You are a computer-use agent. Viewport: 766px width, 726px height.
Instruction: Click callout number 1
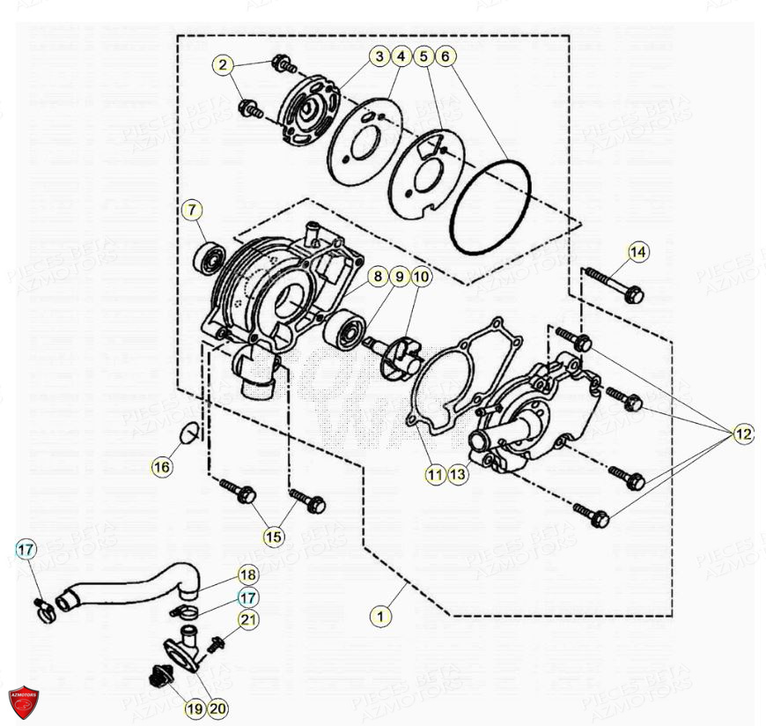point(380,617)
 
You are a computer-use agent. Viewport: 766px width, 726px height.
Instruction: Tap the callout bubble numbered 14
point(637,254)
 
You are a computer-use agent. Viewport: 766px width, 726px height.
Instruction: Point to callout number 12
point(744,433)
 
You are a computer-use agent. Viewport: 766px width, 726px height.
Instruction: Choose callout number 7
point(193,211)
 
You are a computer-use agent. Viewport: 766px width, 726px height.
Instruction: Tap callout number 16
point(161,467)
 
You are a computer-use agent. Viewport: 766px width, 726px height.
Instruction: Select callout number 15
point(274,537)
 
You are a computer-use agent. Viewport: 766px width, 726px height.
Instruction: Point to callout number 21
point(249,619)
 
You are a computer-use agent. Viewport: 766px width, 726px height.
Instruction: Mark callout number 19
point(193,707)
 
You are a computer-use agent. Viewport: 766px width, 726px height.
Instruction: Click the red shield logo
point(24,700)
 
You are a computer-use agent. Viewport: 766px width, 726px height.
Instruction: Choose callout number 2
point(224,64)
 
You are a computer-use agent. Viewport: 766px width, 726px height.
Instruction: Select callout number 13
point(456,475)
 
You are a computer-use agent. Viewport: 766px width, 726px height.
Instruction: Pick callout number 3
point(379,56)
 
